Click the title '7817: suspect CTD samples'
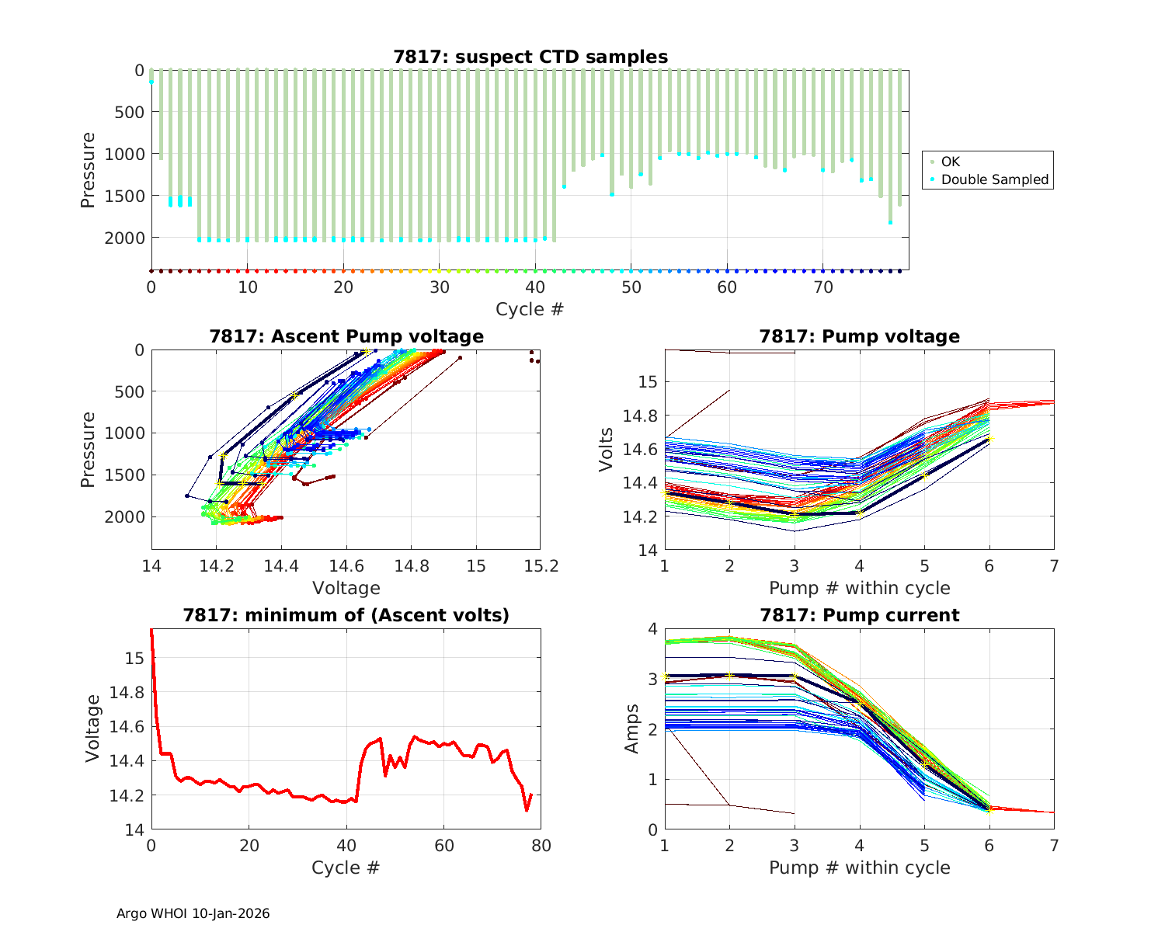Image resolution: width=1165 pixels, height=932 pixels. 530,57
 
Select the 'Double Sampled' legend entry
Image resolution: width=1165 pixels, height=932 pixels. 994,179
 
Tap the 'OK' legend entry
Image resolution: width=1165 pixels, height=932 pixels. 951,162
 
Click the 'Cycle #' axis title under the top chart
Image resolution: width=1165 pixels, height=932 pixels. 530,309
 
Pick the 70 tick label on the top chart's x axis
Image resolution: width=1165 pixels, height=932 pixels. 822,287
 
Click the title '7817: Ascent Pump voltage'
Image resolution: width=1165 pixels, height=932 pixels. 346,336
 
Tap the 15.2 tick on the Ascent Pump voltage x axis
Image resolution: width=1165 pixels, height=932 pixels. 541,567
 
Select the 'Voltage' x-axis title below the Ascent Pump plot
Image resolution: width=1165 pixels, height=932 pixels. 346,588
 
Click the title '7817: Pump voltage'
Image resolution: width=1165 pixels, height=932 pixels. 859,336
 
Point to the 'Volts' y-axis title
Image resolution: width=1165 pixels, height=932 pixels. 607,450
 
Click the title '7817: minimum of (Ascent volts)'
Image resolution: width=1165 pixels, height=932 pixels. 346,615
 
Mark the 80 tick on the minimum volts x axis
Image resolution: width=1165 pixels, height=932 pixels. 541,846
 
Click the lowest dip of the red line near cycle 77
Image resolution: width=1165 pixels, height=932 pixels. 527,810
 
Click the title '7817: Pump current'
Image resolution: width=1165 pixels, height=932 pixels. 859,615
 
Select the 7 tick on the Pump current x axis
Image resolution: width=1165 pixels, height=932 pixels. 1054,846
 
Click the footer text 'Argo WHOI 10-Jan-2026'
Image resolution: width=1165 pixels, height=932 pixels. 193,913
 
